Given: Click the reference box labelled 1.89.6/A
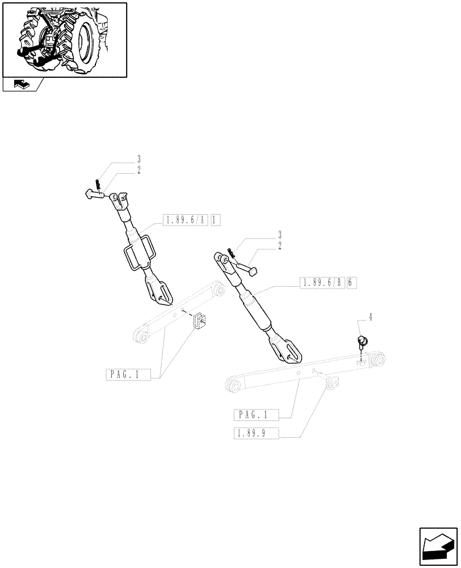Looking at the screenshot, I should (x=185, y=219).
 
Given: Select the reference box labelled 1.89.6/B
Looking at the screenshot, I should (x=321, y=283).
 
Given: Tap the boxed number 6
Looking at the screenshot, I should (x=351, y=283).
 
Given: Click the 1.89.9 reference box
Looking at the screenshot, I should (x=257, y=435).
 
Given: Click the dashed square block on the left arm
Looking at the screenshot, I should (x=199, y=321).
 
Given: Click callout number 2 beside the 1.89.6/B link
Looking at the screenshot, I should (x=280, y=245).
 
